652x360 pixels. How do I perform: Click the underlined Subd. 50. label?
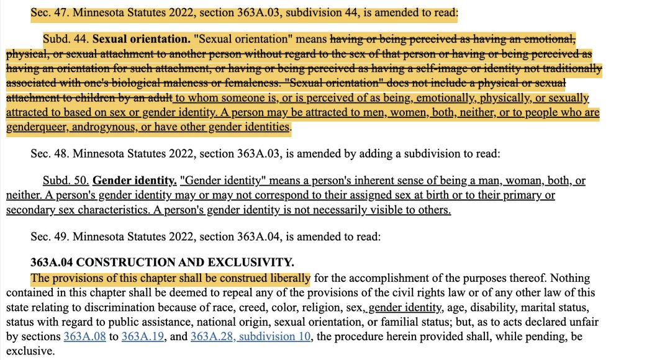(65, 181)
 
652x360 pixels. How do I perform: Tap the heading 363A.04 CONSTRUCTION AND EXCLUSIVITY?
(162, 262)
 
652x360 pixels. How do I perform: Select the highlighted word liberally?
(289, 278)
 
